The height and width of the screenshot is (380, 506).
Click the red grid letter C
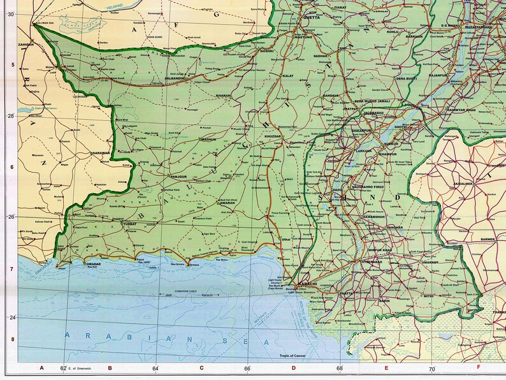[x=201, y=368]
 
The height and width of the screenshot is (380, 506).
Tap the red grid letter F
[x=478, y=367]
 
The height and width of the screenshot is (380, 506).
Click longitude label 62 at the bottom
[x=63, y=369]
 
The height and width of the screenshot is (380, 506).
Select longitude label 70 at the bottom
[x=431, y=369]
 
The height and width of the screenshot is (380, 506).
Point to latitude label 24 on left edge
[x=10, y=317]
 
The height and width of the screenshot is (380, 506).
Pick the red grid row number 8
[x=11, y=340]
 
